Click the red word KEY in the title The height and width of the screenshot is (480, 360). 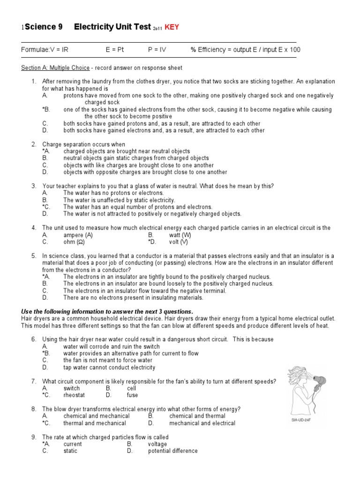(x=171, y=28)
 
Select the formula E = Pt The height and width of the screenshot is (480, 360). (x=115, y=50)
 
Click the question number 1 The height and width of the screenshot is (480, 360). (x=34, y=82)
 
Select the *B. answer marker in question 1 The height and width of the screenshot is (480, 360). (x=45, y=109)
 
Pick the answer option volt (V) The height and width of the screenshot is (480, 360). (x=179, y=242)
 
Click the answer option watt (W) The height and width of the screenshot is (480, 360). (x=180, y=235)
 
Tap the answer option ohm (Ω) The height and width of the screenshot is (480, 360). (x=74, y=242)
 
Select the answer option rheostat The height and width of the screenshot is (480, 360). (x=75, y=395)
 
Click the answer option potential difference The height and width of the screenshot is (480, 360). (x=172, y=451)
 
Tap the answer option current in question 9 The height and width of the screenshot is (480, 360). (x=73, y=444)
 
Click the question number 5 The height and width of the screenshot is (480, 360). (x=34, y=256)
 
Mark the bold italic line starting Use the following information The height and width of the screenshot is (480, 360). (x=107, y=312)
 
